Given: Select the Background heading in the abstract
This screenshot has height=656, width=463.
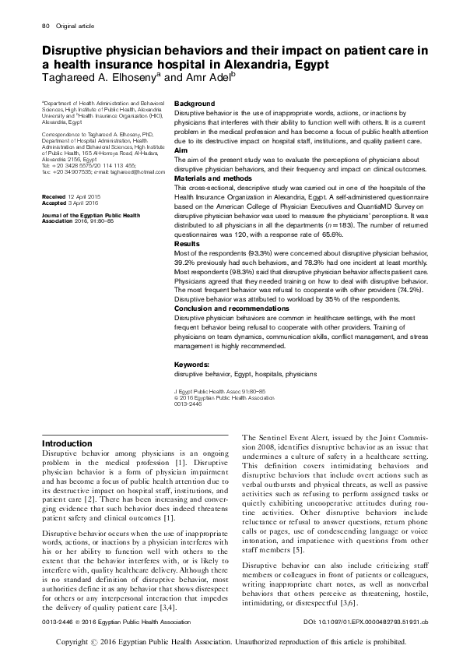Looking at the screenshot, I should [195, 104].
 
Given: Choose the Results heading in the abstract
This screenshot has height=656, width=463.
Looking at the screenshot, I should [187, 243].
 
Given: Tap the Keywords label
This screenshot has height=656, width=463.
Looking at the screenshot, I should [191, 364].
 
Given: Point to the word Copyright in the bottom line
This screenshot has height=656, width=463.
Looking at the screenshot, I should [78, 644].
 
